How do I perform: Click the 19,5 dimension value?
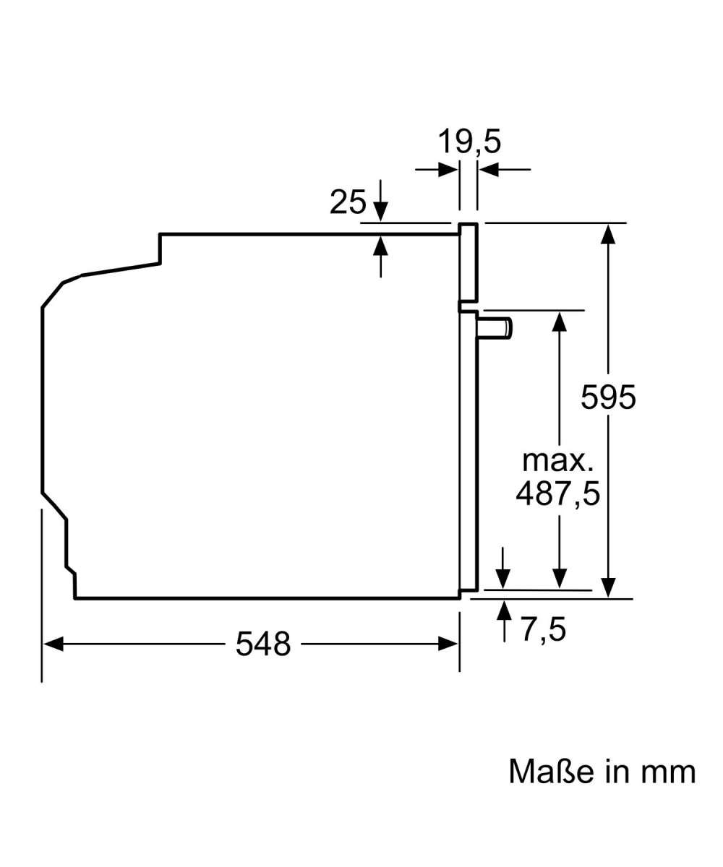pos(469,142)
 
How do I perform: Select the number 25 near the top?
pos(348,202)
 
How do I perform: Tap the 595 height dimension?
pos(608,397)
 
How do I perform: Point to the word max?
pos(557,461)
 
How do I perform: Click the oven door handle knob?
pos(495,328)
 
